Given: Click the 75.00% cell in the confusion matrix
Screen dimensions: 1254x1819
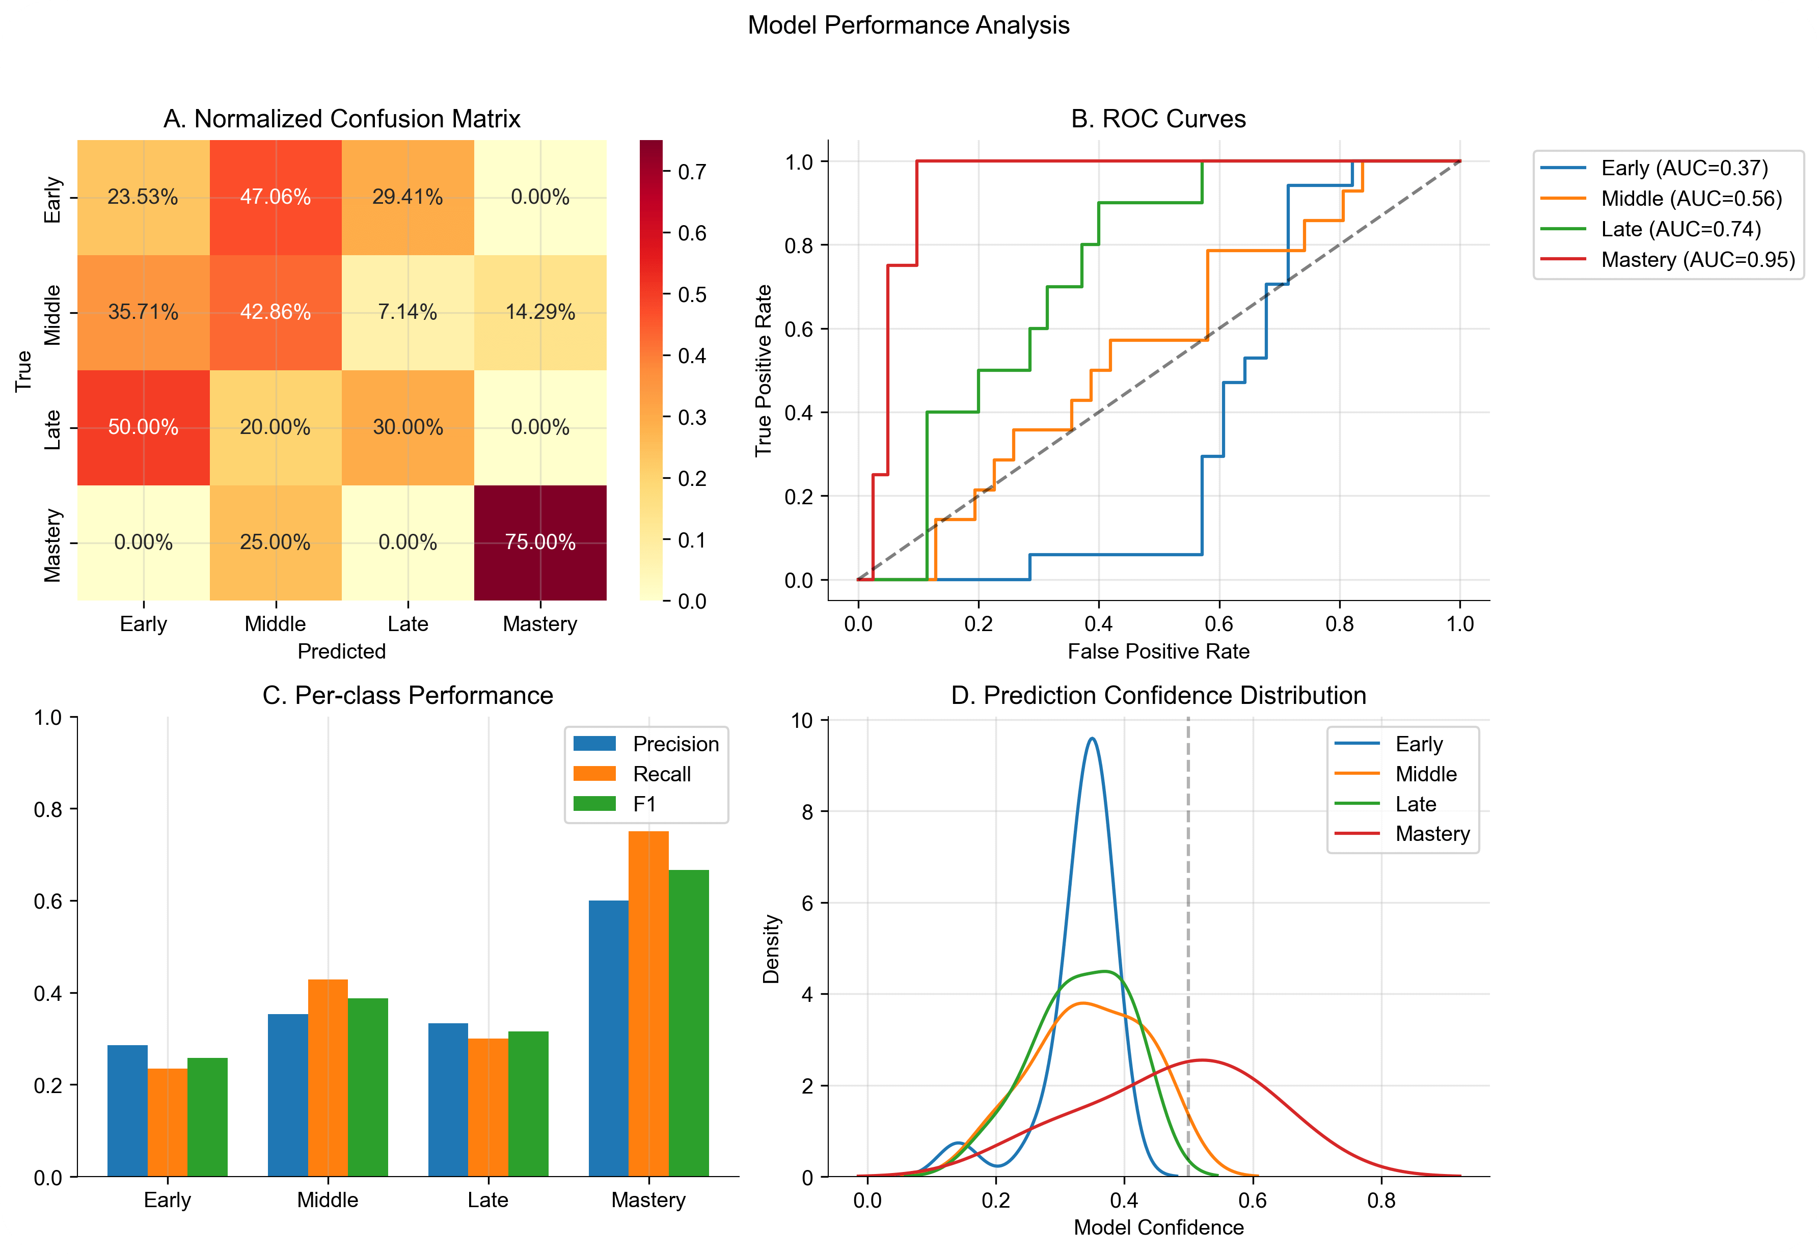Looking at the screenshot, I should click(540, 542).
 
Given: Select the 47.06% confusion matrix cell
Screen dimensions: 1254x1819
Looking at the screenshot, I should click(275, 197).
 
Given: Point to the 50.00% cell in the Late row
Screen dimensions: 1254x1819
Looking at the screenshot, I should click(143, 427).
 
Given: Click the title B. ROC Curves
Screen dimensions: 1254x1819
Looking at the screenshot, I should click(1158, 119).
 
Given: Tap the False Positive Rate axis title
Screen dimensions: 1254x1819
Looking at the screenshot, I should click(1158, 651).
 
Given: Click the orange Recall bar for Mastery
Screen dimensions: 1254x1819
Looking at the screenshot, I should click(648, 1003).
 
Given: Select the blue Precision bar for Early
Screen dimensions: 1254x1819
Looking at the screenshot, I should click(127, 1110).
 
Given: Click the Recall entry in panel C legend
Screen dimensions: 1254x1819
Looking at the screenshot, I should click(662, 774).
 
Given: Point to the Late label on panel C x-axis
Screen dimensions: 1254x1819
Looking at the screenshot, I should click(488, 1200).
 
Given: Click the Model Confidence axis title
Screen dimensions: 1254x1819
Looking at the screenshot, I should click(1158, 1228).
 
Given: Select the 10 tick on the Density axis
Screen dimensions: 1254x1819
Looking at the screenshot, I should click(801, 721).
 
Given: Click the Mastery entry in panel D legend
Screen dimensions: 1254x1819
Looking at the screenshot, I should click(1432, 834).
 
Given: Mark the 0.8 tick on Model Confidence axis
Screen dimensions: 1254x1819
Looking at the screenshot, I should click(1381, 1200).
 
